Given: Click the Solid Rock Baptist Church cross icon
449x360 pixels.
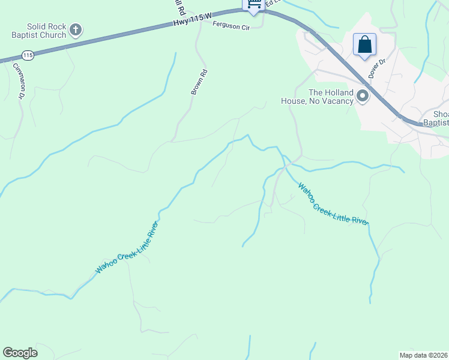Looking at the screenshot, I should tap(76, 29).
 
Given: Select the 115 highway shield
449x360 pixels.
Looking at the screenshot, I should tap(28, 56).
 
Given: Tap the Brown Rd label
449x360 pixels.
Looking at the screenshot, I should tap(199, 82).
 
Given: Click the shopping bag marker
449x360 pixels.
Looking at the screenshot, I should tap(364, 44).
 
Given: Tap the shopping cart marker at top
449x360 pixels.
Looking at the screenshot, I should tap(254, 5).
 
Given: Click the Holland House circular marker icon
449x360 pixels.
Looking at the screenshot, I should tap(363, 96).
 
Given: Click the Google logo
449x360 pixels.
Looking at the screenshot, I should tap(20, 353).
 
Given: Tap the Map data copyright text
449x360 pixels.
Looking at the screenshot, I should tap(423, 355).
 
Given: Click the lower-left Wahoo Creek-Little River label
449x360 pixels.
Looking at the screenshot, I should tap(127, 248).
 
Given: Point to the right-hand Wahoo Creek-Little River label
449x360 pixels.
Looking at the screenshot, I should tap(333, 205).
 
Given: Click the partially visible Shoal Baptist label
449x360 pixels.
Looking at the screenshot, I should tap(436, 118).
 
